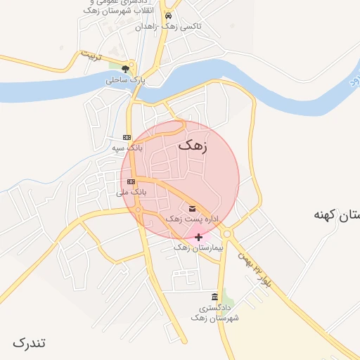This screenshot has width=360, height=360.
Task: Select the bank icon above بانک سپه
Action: click(x=127, y=137)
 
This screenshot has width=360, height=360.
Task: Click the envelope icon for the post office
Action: click(x=193, y=207)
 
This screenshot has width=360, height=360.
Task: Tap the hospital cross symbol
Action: click(x=198, y=237)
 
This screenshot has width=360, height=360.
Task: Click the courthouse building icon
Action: click(x=214, y=297)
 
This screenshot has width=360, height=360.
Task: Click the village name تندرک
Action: click(x=29, y=342)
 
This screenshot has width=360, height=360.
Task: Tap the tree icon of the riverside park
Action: click(x=125, y=69)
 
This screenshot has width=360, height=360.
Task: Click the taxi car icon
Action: click(x=168, y=15)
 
